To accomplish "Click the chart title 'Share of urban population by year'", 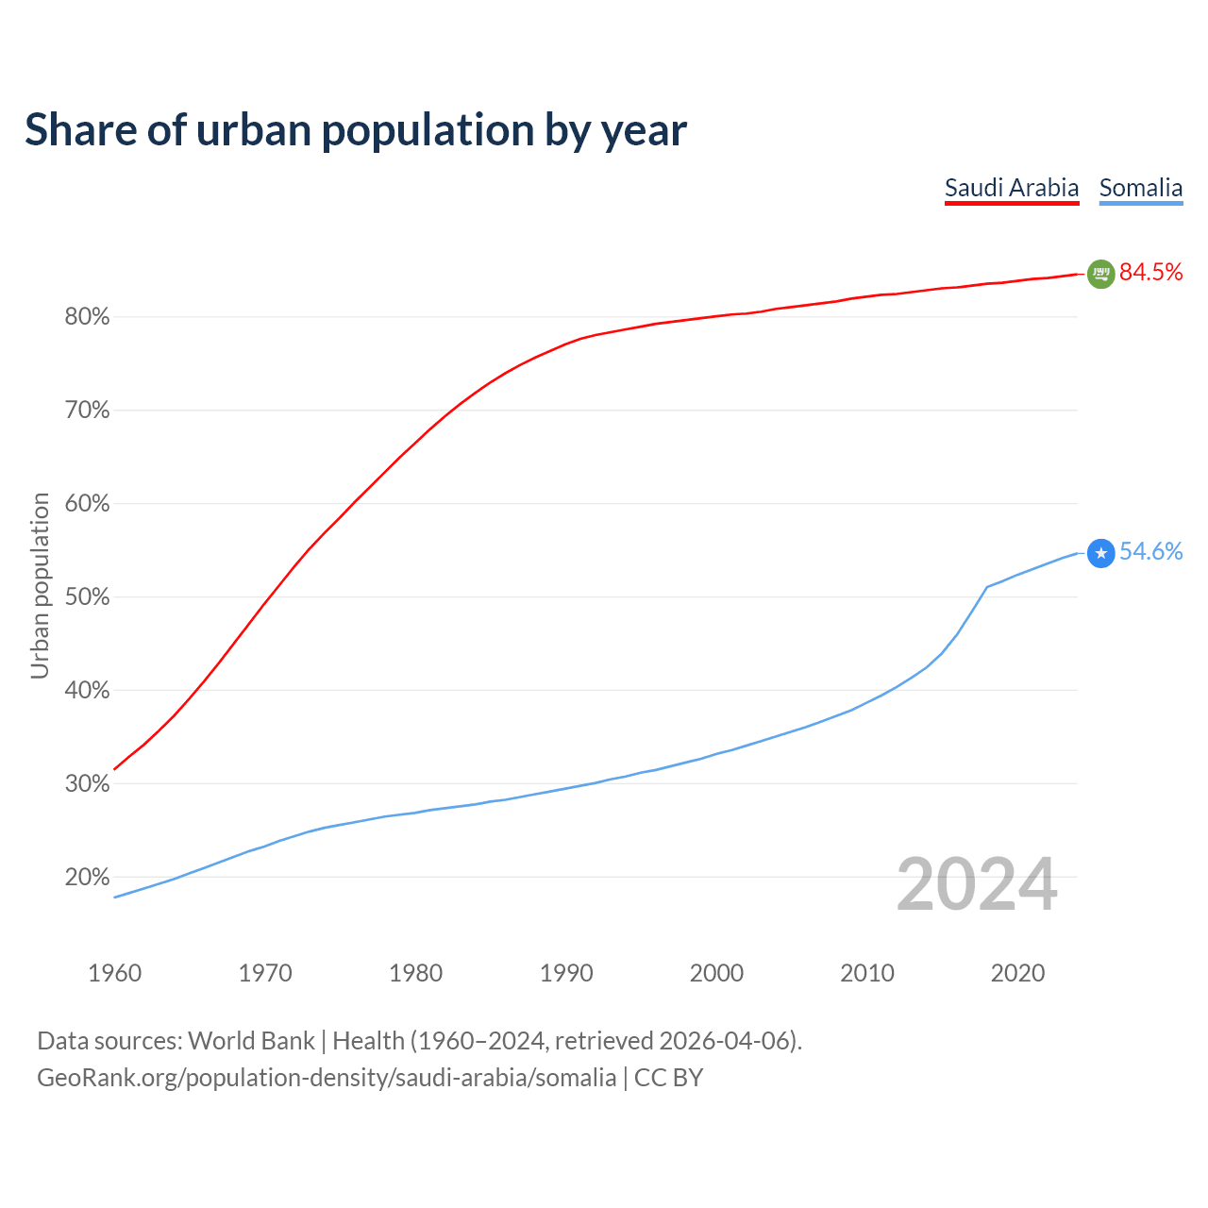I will click(x=356, y=130).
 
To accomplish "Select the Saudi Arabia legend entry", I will click(x=1012, y=188).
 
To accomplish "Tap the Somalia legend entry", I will click(x=1141, y=188).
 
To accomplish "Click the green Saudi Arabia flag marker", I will click(x=1100, y=274).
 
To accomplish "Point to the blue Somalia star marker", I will click(x=1100, y=553).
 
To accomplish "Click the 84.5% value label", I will click(x=1151, y=273).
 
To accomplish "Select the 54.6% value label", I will click(x=1151, y=552).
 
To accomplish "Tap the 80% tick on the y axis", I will click(x=87, y=317).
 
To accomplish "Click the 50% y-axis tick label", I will click(x=87, y=597).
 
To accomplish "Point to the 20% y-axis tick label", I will click(x=87, y=878).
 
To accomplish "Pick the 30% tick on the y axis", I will click(x=87, y=784).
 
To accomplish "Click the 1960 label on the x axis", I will click(x=114, y=973).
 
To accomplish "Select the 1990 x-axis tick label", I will click(x=566, y=973).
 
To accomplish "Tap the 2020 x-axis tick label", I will click(x=1017, y=973).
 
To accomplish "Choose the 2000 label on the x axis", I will click(x=716, y=973).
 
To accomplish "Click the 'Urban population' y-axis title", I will click(x=40, y=585).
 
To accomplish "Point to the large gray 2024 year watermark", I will click(x=977, y=884).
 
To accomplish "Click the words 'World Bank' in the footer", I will click(x=251, y=1041).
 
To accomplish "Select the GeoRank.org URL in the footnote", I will click(x=327, y=1078).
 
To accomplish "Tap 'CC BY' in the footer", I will click(x=669, y=1078).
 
